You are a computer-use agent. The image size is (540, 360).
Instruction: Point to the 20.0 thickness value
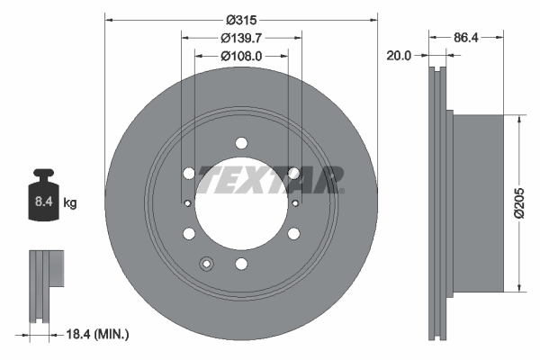pos(397,55)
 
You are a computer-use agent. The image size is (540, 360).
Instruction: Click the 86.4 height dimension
pos(465,38)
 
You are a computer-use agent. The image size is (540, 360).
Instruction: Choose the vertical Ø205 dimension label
pos(519,202)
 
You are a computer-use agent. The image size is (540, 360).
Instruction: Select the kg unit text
pos(69,203)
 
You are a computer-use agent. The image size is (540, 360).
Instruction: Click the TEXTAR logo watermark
pos(270,178)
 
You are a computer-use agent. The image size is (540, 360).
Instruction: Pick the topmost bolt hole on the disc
pos(241,143)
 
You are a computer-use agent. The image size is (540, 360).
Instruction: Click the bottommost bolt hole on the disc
pos(241,264)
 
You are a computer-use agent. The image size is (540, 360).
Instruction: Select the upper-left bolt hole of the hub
pos(189,174)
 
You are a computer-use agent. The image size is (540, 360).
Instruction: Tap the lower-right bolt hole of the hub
pos(293,234)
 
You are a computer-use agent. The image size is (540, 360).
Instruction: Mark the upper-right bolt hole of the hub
pos(293,174)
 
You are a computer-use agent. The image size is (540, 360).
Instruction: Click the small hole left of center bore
pos(186,203)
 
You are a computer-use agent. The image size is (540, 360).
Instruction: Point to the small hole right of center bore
pos(296,203)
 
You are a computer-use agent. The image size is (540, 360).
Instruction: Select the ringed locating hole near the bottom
pos(207,264)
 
